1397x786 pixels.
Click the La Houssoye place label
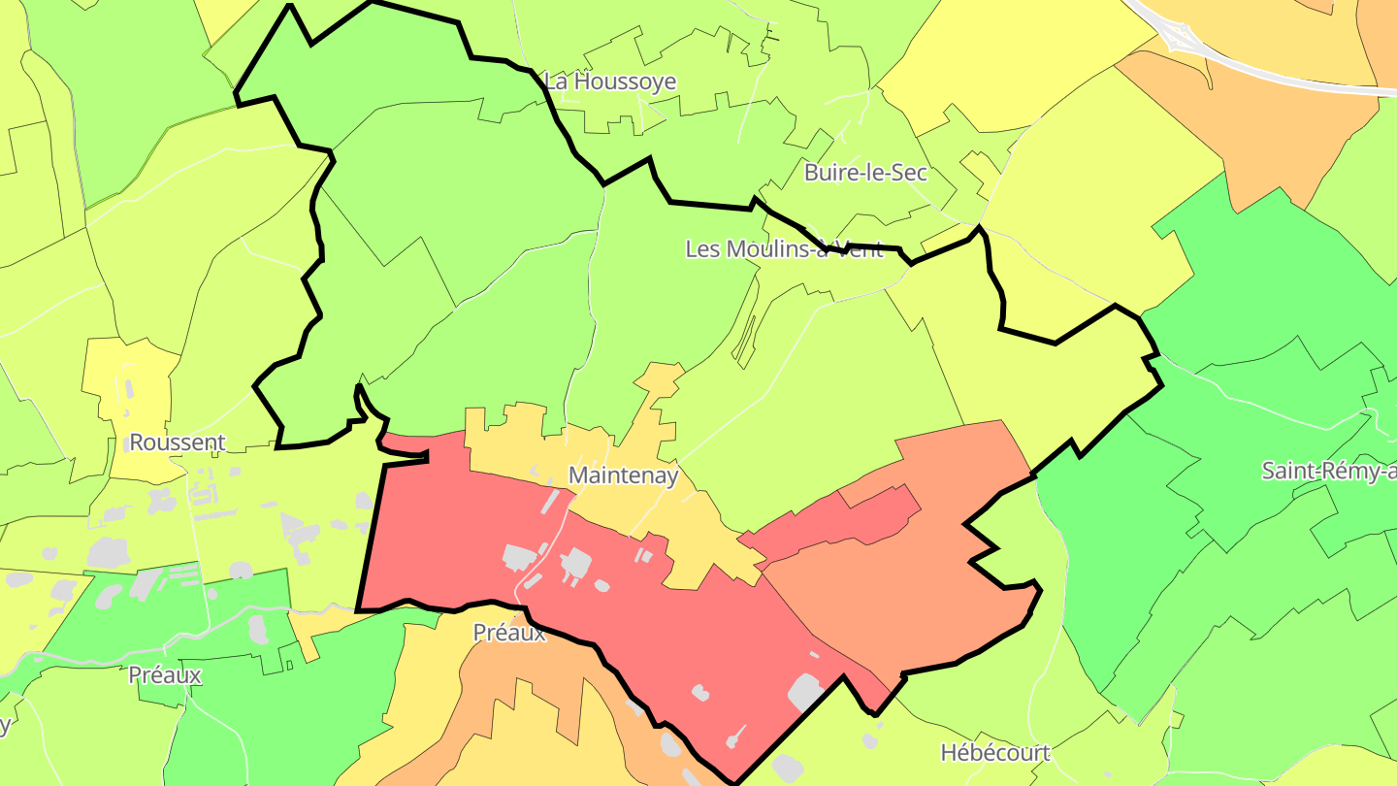pyautogui.click(x=610, y=82)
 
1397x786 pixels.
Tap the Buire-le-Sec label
pyautogui.click(x=865, y=174)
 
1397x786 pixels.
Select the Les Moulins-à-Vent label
pyautogui.click(x=784, y=249)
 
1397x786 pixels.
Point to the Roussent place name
pyautogui.click(x=177, y=443)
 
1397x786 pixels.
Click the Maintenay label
pyautogui.click(x=623, y=476)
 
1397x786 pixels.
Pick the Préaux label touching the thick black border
pyautogui.click(x=509, y=633)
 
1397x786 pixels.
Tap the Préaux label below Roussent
pyautogui.click(x=165, y=675)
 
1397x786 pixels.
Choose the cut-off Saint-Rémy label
pyautogui.click(x=1328, y=472)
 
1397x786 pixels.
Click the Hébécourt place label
pyautogui.click(x=995, y=753)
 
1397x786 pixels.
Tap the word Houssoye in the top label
pyautogui.click(x=625, y=82)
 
